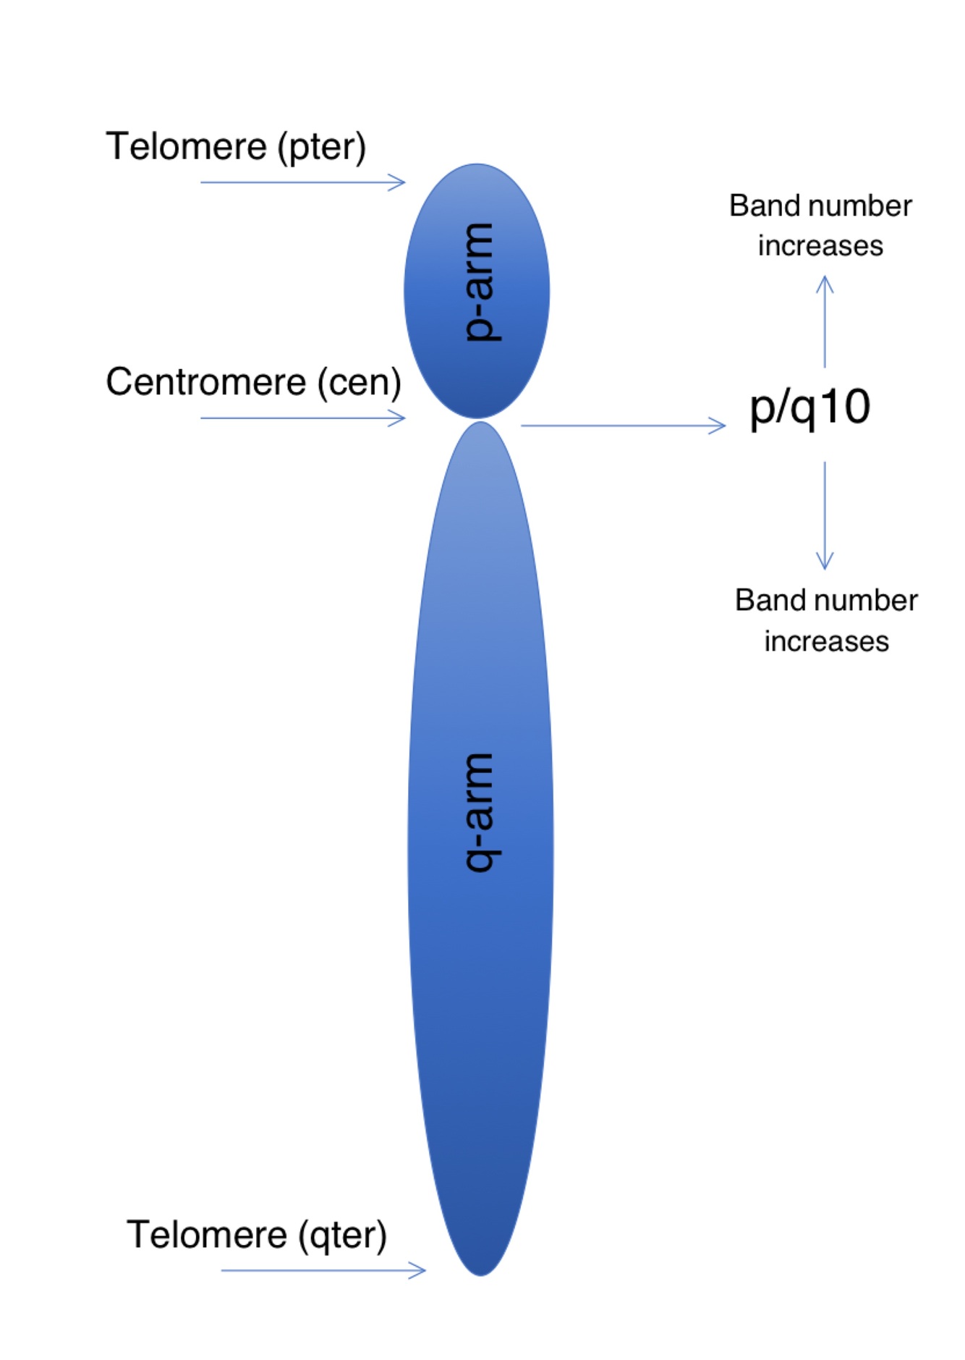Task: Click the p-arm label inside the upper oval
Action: point(478,282)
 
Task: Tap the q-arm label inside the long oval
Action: point(478,811)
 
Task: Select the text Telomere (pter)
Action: point(236,146)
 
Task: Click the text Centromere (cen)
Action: point(253,381)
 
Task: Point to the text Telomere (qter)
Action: point(257,1234)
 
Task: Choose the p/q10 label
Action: point(809,407)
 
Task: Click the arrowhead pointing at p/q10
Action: point(719,426)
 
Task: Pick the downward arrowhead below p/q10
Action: point(825,562)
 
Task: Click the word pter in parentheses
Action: point(322,148)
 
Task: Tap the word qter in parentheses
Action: point(343,1236)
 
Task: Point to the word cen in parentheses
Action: point(359,383)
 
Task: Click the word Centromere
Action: point(205,381)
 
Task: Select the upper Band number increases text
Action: point(820,225)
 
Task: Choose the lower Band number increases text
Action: point(826,620)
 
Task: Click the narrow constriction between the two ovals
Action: point(478,421)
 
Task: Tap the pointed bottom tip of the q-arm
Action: point(480,1272)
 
